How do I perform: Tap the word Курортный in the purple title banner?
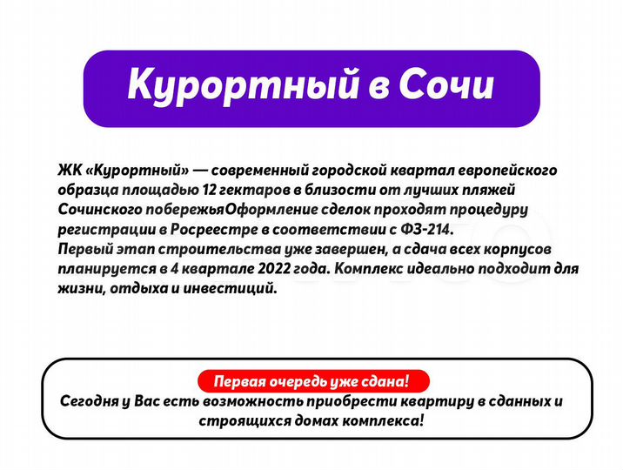234,86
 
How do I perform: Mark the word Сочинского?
96,208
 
